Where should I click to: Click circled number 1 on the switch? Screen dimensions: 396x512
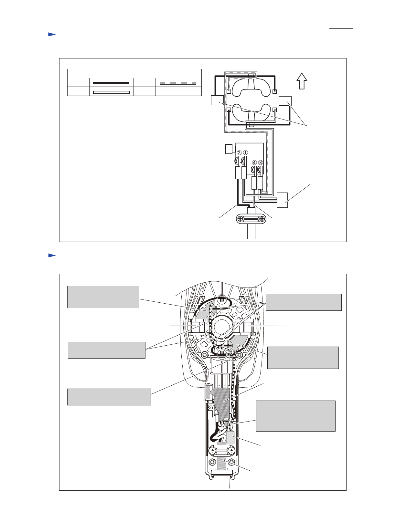(x=245, y=152)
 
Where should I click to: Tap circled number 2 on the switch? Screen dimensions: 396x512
(x=239, y=152)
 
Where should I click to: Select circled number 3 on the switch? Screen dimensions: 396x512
(x=261, y=162)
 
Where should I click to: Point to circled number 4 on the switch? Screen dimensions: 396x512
(x=254, y=162)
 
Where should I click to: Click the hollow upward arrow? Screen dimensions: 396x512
(x=302, y=81)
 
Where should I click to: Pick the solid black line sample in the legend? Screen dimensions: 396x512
(x=111, y=83)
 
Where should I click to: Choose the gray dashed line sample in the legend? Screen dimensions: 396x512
(x=178, y=83)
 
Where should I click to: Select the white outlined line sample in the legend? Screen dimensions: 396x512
(x=112, y=92)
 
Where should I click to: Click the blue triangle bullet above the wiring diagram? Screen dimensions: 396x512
(x=52, y=34)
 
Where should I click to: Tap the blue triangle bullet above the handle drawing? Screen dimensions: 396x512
(x=52, y=256)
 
